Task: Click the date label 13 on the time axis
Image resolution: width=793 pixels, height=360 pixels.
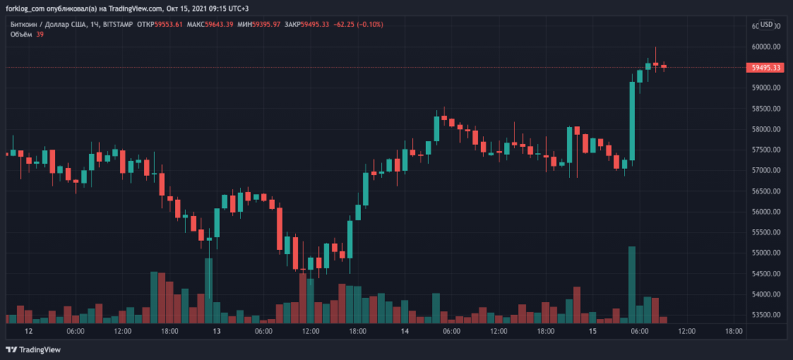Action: (216, 331)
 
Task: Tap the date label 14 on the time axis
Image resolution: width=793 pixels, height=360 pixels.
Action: (404, 331)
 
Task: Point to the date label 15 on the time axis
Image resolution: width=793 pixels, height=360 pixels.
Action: (592, 331)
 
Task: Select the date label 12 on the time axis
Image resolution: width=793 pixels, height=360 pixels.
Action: (28, 331)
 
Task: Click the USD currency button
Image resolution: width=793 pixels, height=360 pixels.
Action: (767, 25)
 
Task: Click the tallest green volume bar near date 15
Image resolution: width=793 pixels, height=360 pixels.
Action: (632, 283)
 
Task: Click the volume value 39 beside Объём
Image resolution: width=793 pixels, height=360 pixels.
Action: (39, 34)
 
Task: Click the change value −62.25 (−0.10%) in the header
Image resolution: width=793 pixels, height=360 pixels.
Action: (355, 25)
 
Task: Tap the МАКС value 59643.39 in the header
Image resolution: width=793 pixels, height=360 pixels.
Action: (204, 25)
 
